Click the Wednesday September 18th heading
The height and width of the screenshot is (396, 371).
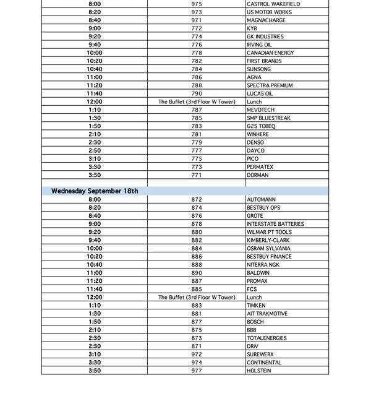coord(95,191)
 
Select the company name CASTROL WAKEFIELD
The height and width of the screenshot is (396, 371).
coord(272,4)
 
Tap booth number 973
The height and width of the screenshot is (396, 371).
coord(197,12)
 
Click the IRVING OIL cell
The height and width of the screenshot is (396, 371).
coord(259,45)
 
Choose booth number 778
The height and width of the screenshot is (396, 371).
coord(197,53)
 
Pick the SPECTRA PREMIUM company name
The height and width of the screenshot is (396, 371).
coord(270,85)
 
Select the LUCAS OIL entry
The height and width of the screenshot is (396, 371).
coord(260,93)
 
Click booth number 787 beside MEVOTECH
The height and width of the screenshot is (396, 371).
coord(197,110)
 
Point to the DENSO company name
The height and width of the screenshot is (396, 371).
coord(255,142)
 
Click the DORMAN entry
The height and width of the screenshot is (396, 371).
coord(257,175)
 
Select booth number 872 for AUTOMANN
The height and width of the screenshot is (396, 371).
coord(197,199)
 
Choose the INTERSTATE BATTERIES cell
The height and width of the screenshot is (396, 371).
coord(275,224)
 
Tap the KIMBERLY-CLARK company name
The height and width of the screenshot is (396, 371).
coord(268,240)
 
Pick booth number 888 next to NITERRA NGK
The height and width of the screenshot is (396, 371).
coord(197,264)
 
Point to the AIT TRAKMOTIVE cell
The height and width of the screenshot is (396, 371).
coord(267,314)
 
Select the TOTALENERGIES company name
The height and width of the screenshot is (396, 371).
coord(268,338)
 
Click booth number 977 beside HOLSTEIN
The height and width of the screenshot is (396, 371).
coord(197,371)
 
